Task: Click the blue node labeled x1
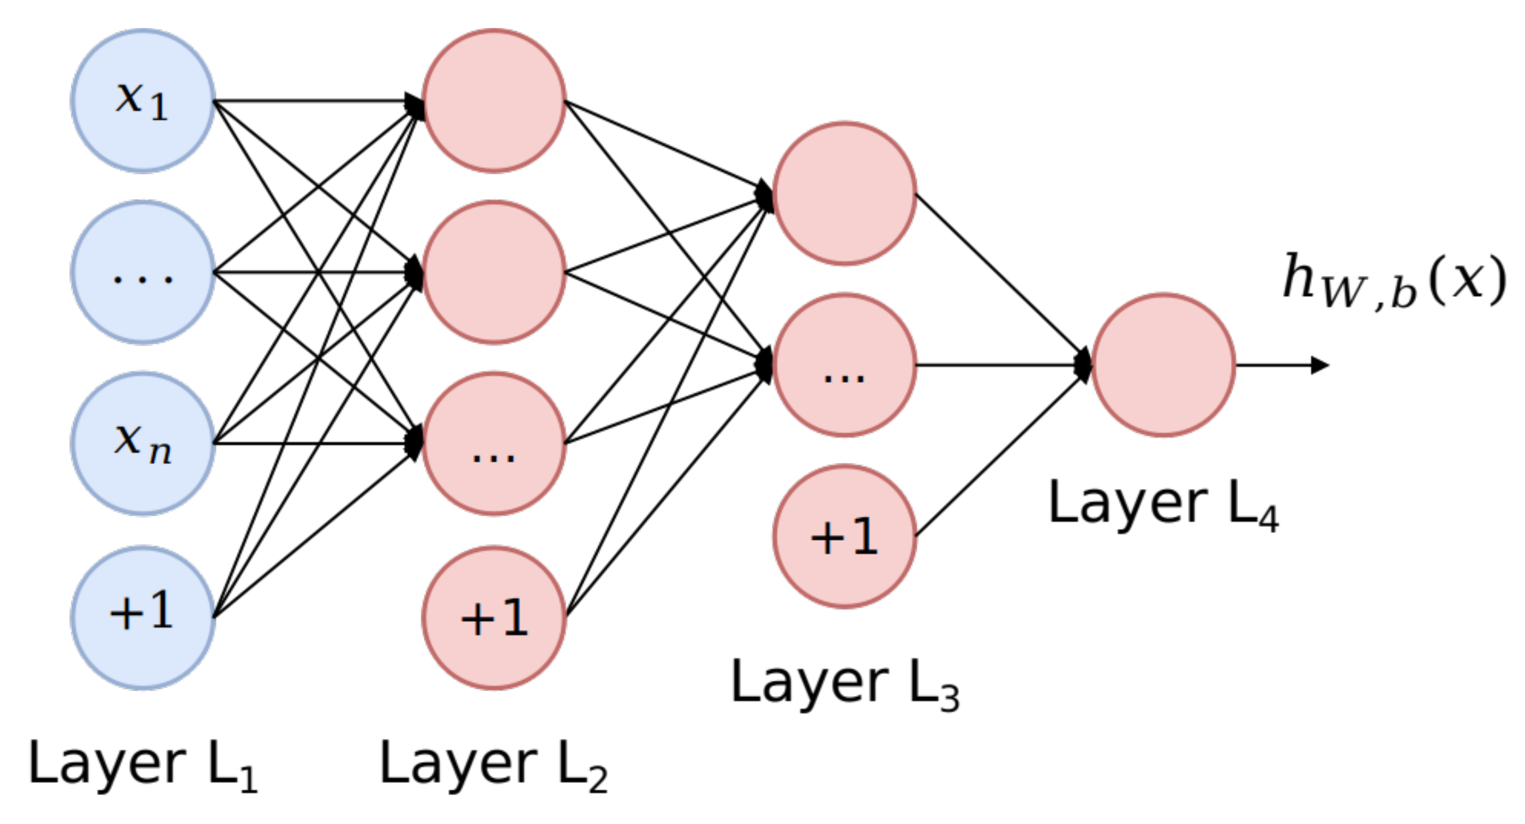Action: click(x=142, y=101)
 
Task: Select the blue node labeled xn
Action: click(x=142, y=443)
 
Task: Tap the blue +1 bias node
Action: click(x=142, y=617)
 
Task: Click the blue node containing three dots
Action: click(x=142, y=272)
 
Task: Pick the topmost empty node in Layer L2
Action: click(x=494, y=101)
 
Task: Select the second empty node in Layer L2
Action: click(x=494, y=272)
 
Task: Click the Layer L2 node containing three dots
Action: click(x=494, y=443)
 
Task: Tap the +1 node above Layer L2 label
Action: click(x=494, y=617)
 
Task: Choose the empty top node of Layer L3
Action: click(x=844, y=193)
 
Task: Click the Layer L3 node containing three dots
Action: click(x=844, y=365)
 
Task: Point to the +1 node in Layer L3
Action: click(x=844, y=536)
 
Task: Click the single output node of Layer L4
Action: click(x=1163, y=365)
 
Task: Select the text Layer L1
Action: click(x=142, y=764)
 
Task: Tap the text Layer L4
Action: click(x=1163, y=504)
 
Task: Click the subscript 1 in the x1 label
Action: click(x=159, y=108)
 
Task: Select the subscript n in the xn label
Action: click(x=160, y=453)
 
